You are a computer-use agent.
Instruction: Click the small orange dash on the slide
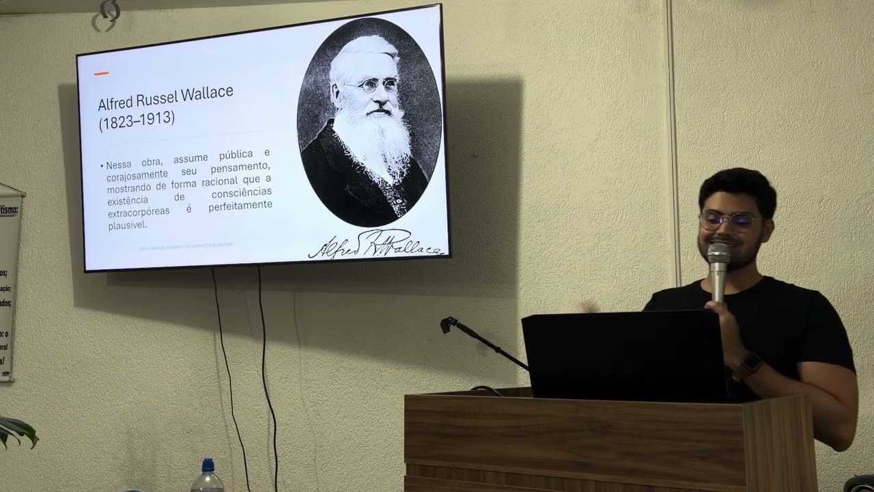click(101, 73)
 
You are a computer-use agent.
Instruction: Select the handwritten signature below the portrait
click(376, 245)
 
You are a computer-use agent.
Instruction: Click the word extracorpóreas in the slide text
click(139, 213)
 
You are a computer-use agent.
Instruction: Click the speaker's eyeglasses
click(729, 221)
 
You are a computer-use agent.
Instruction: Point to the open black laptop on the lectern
click(623, 355)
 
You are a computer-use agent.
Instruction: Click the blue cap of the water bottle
click(208, 465)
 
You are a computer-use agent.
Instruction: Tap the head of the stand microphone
click(449, 324)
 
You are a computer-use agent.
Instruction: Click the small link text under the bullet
click(186, 245)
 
